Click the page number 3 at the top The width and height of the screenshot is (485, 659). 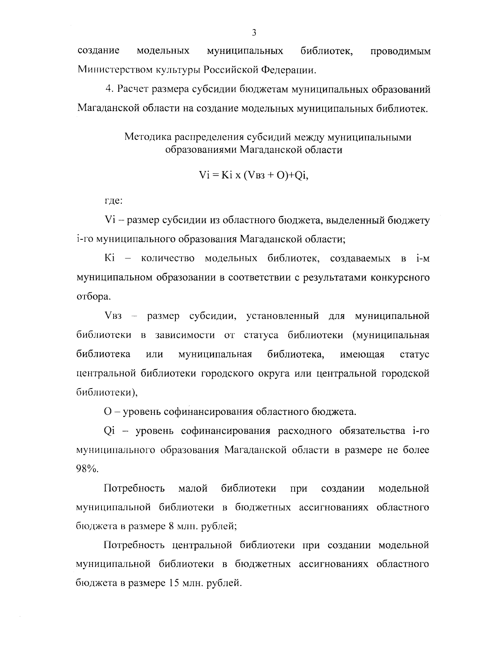pyautogui.click(x=254, y=33)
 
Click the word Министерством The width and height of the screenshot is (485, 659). pyautogui.click(x=112, y=70)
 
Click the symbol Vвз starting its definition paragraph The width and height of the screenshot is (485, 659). pyautogui.click(x=113, y=316)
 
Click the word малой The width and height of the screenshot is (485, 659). pyautogui.click(x=193, y=488)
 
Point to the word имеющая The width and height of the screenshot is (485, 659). pyautogui.click(x=362, y=355)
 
